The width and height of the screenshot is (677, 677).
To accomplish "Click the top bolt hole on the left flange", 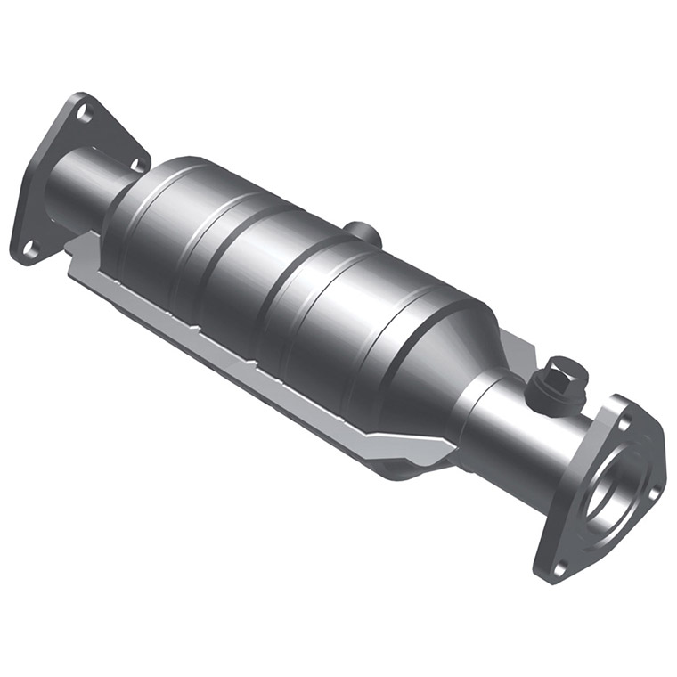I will coord(84,112).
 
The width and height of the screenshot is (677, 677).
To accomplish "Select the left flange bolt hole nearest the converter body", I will coord(138,164).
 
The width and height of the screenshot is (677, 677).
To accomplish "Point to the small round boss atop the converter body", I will coord(363,233).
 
